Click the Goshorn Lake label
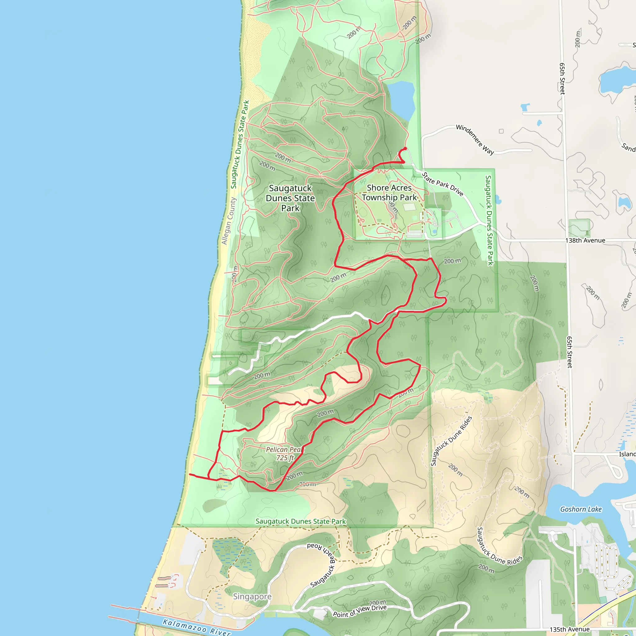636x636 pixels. pyautogui.click(x=581, y=509)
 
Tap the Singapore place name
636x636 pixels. pyautogui.click(x=252, y=597)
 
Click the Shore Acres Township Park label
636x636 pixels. pyautogui.click(x=389, y=193)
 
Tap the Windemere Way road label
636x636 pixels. pyautogui.click(x=475, y=139)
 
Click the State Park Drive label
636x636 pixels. pyautogui.click(x=443, y=184)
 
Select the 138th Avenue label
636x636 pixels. pyautogui.click(x=585, y=241)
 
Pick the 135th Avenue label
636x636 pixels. pyautogui.click(x=569, y=629)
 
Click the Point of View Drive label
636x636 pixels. pyautogui.click(x=360, y=611)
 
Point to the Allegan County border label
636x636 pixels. pyautogui.click(x=229, y=221)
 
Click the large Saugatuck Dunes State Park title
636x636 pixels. pyautogui.click(x=290, y=198)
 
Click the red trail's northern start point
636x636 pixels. pyautogui.click(x=405, y=148)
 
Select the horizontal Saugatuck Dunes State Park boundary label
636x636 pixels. pyautogui.click(x=301, y=521)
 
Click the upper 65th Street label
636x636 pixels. pyautogui.click(x=562, y=79)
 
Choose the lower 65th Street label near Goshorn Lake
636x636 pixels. pyautogui.click(x=570, y=352)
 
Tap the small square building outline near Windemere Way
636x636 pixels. pyautogui.click(x=501, y=131)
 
